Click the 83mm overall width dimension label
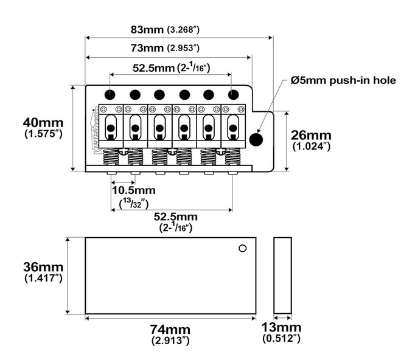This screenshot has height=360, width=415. pyautogui.click(x=165, y=29)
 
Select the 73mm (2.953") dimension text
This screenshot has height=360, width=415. pyautogui.click(x=165, y=48)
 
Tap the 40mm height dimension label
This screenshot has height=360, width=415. pyautogui.click(x=43, y=128)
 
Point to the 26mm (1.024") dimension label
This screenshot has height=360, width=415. pyautogui.click(x=311, y=140)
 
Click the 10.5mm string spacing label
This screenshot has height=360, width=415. pyautogui.click(x=134, y=196)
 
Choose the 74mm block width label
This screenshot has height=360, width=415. pyautogui.click(x=170, y=334)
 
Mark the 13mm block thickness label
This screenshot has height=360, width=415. pyautogui.click(x=281, y=333)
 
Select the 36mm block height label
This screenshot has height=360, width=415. pyautogui.click(x=43, y=272)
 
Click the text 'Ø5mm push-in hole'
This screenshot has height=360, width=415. pyautogui.click(x=343, y=80)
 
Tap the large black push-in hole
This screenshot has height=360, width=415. pyautogui.click(x=256, y=139)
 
